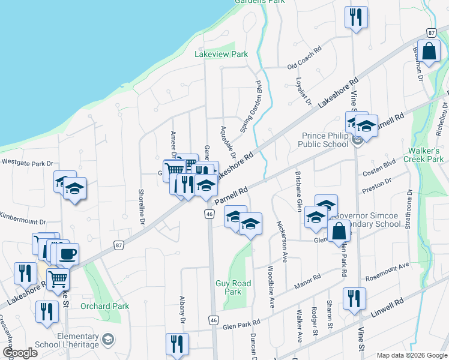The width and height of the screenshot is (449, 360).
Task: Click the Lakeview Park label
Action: pyautogui.click(x=221, y=54)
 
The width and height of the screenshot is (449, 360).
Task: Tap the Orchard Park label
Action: pyautogui.click(x=108, y=306)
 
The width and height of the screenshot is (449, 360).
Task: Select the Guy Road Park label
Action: pyautogui.click(x=229, y=287)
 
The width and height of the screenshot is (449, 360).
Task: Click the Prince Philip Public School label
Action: pyautogui.click(x=325, y=140)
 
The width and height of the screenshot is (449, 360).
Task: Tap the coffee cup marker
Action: pyautogui.click(x=67, y=253)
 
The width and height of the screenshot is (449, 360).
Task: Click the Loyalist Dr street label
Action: pyautogui.click(x=304, y=90)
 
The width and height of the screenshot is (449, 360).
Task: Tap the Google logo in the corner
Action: pyautogui.click(x=20, y=353)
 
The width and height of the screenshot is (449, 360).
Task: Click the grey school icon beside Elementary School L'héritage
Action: pyautogui.click(x=107, y=341)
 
